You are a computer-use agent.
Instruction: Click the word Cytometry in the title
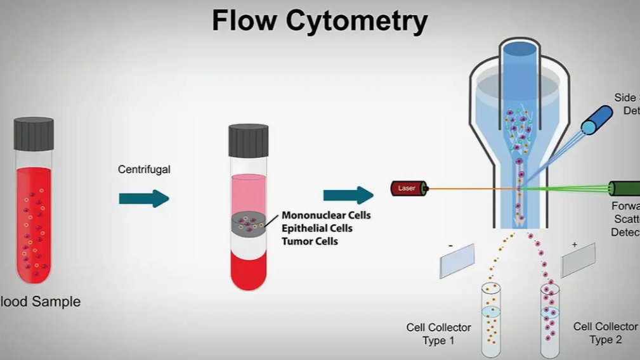356,21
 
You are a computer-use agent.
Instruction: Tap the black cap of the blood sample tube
34,134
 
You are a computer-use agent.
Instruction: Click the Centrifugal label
144,170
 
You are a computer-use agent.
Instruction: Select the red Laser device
410,188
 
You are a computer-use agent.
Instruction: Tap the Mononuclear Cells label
326,215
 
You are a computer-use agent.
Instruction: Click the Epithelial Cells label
317,228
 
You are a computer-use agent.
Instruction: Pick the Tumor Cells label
310,241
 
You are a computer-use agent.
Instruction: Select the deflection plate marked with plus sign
578,260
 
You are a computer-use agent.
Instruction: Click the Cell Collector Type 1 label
439,334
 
